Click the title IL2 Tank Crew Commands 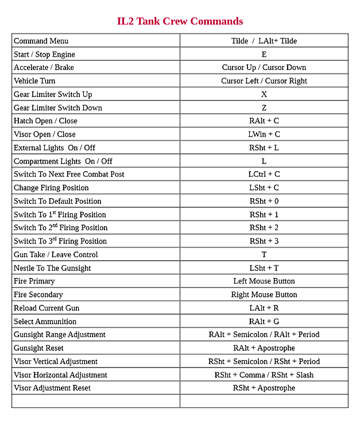pyautogui.click(x=180, y=22)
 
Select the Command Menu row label pyautogui.click(x=41, y=41)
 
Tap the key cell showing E pyautogui.click(x=264, y=55)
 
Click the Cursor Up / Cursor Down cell pyautogui.click(x=264, y=68)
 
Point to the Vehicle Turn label pyautogui.click(x=34, y=81)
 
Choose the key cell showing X pyautogui.click(x=264, y=94)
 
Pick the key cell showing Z pyautogui.click(x=264, y=108)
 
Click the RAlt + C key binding pyautogui.click(x=264, y=121)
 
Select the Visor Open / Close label pyautogui.click(x=44, y=134)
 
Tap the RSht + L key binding pyautogui.click(x=264, y=148)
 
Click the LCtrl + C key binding pyautogui.click(x=264, y=175)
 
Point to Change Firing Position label pyautogui.click(x=51, y=188)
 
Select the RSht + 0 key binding pyautogui.click(x=264, y=202)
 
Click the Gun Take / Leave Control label pyautogui.click(x=56, y=255)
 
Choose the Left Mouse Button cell pyautogui.click(x=264, y=281)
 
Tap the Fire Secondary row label pyautogui.click(x=38, y=295)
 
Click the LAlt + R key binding pyautogui.click(x=264, y=308)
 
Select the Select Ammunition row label pyautogui.click(x=45, y=322)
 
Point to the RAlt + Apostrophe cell pyautogui.click(x=264, y=348)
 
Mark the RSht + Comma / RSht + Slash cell pyautogui.click(x=264, y=375)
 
